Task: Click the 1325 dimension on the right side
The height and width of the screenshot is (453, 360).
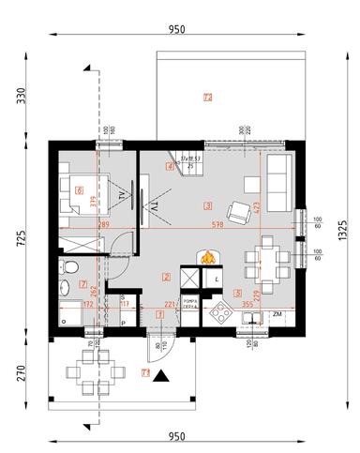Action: [344, 226]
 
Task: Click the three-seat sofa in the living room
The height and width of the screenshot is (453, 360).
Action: [278, 184]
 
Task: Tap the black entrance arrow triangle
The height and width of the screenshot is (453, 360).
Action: [162, 376]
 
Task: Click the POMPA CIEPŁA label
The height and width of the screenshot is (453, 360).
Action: [189, 303]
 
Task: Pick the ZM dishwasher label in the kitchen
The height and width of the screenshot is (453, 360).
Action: [277, 314]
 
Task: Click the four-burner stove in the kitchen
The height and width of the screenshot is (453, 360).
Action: [223, 311]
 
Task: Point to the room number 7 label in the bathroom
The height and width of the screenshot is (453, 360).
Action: [83, 284]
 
